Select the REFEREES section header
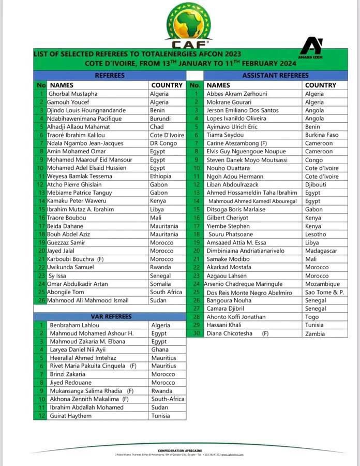(110, 76)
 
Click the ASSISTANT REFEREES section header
(275, 76)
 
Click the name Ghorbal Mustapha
(72, 94)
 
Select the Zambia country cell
(315, 334)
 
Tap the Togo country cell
(312, 317)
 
